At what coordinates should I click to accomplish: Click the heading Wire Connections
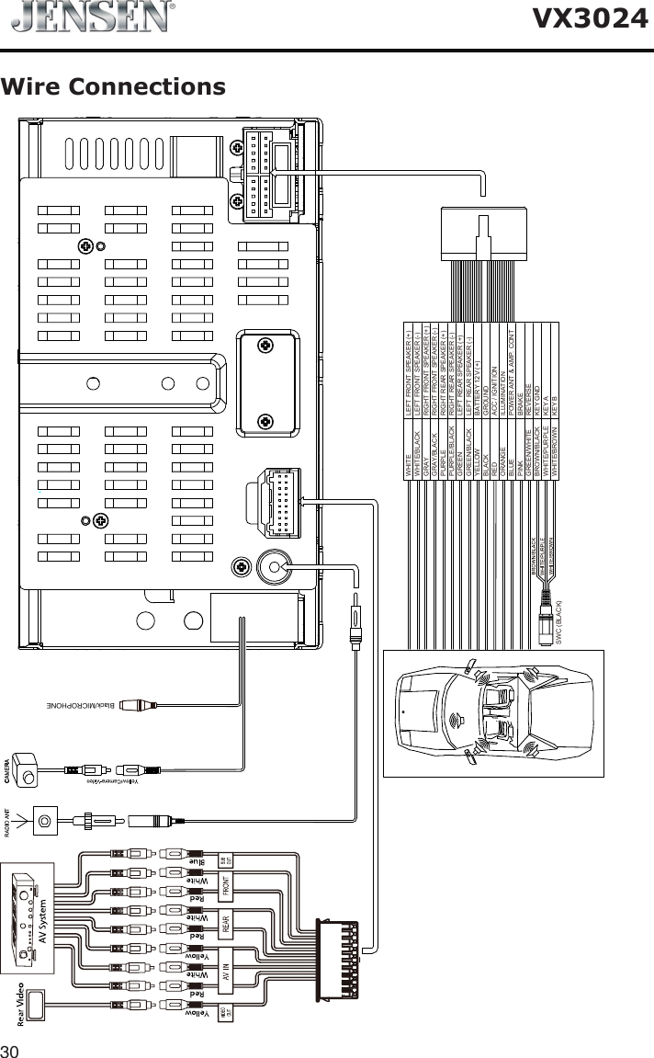(113, 87)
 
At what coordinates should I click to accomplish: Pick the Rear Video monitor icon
(37, 1005)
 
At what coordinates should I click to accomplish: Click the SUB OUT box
(225, 861)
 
